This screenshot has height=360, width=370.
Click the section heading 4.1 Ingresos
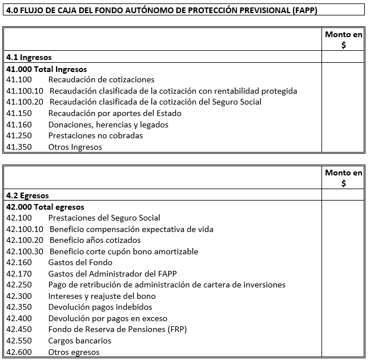(x=29, y=57)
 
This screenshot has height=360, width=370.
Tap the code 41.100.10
(x=25, y=91)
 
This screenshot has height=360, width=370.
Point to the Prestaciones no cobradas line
(x=95, y=135)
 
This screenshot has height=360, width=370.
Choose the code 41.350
(x=19, y=147)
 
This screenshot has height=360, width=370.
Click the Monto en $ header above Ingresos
(x=343, y=40)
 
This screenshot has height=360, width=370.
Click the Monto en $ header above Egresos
(x=343, y=178)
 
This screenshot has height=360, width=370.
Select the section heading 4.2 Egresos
(x=27, y=195)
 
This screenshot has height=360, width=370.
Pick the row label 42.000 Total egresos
(x=45, y=207)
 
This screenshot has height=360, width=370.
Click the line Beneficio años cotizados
(x=95, y=240)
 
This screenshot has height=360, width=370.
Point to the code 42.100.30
(x=25, y=251)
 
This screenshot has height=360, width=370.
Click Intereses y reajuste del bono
(x=102, y=296)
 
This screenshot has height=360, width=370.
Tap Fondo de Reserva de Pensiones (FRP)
(x=117, y=329)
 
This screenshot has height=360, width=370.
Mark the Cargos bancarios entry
(x=79, y=341)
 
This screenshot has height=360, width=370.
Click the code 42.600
(x=19, y=352)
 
